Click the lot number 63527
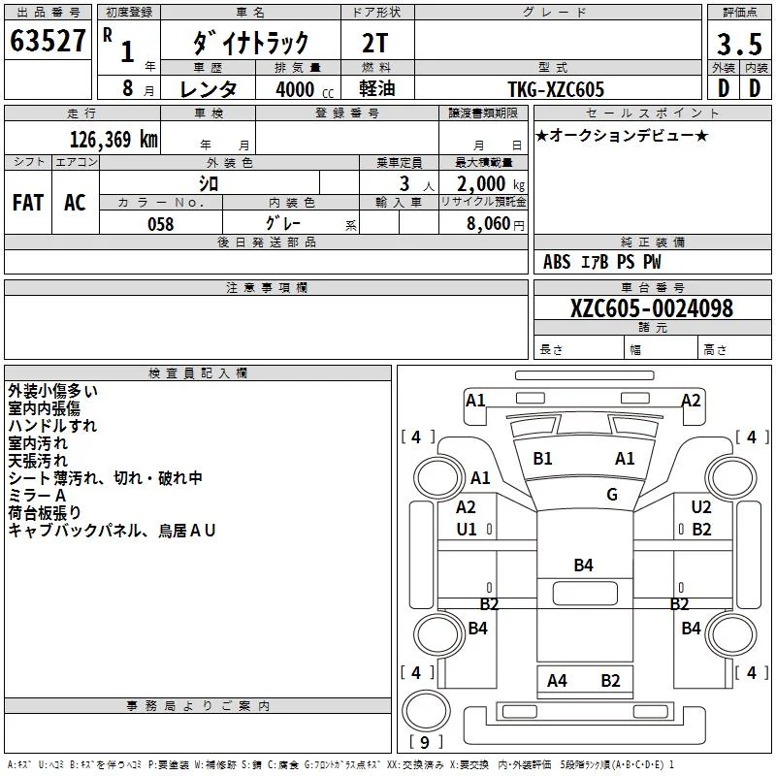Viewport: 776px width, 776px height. pyautogui.click(x=48, y=41)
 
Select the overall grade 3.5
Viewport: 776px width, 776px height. pyautogui.click(x=739, y=44)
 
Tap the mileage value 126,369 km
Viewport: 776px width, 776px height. pyautogui.click(x=113, y=140)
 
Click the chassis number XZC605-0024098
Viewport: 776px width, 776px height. pyautogui.click(x=651, y=308)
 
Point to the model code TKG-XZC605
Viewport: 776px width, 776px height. pyautogui.click(x=556, y=89)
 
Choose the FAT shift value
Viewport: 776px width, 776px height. pyautogui.click(x=28, y=203)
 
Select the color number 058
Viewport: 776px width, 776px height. pyautogui.click(x=161, y=224)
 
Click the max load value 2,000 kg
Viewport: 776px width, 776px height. pyautogui.click(x=491, y=184)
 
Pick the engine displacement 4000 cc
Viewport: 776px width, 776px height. pyautogui.click(x=305, y=89)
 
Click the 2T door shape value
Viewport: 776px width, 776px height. pyautogui.click(x=374, y=43)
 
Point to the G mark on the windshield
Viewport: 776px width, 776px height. pyautogui.click(x=612, y=494)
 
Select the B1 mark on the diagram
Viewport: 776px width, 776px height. pyautogui.click(x=542, y=459)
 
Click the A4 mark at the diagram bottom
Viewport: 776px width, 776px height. pyautogui.click(x=557, y=681)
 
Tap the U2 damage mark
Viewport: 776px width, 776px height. pyautogui.click(x=700, y=506)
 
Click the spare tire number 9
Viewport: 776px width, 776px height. pyautogui.click(x=425, y=742)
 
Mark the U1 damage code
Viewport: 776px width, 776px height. pyautogui.click(x=467, y=530)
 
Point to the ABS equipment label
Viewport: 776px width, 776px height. pyautogui.click(x=557, y=262)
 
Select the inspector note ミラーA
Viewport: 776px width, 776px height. pyautogui.click(x=37, y=496)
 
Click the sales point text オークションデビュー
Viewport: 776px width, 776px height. pyautogui.click(x=622, y=135)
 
